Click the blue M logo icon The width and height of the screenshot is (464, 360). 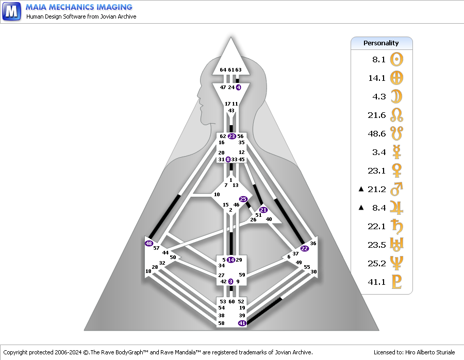pos(11,11)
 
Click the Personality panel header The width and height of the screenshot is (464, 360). pos(382,43)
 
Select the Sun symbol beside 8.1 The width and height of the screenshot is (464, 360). pos(396,59)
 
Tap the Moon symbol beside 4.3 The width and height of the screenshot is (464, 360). pos(396,96)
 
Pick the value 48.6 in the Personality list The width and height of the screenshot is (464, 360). pos(377,133)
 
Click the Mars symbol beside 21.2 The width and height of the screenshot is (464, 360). pos(396,189)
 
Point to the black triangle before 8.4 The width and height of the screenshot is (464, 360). pos(361,208)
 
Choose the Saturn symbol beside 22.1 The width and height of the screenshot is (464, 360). pos(396,226)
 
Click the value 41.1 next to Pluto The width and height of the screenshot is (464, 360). pos(377,282)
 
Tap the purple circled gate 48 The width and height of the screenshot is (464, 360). pos(149,243)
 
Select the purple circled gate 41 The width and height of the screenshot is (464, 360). pos(242,323)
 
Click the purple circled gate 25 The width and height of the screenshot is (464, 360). pos(243,199)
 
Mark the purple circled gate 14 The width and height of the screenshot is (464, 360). pos(231,260)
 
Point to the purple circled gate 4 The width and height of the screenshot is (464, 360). pos(239,87)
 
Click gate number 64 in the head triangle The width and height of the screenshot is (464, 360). pos(223,70)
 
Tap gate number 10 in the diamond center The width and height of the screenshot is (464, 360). pos(217,195)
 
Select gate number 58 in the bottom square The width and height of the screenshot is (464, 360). pos(221,323)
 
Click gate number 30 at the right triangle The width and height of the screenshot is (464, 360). pos(313,271)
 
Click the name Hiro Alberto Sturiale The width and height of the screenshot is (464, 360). pos(430,352)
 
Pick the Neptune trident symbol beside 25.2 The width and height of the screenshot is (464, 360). pos(396,263)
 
